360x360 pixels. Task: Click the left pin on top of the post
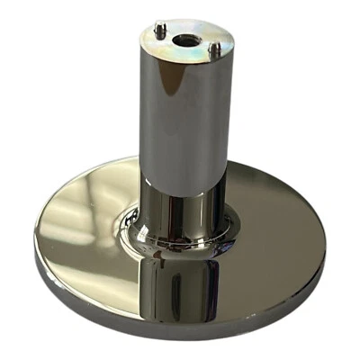(159, 30)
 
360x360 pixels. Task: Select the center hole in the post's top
(186, 40)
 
